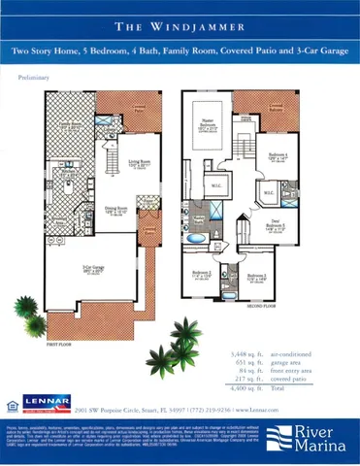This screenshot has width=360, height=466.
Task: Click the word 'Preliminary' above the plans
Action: pyautogui.click(x=35, y=75)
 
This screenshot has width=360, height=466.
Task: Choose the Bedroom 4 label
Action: pyautogui.click(x=278, y=155)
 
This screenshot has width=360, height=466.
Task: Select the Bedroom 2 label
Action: pyautogui.click(x=202, y=275)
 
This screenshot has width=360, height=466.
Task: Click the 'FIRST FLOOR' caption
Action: pyautogui.click(x=59, y=343)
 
